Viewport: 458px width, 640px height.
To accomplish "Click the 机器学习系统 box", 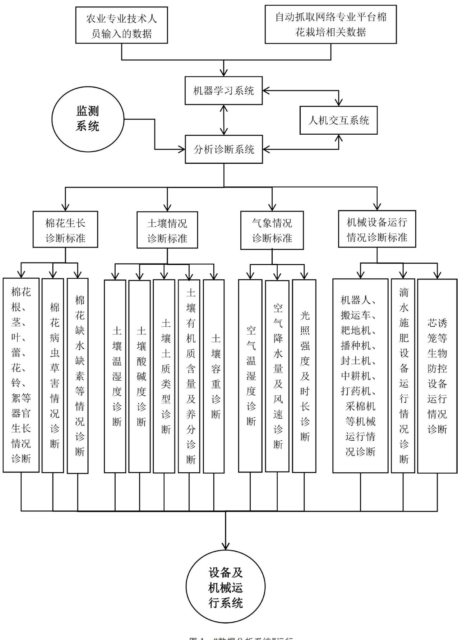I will [x=223, y=91].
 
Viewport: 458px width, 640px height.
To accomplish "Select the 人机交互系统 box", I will [x=338, y=120].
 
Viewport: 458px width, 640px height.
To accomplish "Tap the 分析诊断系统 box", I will [x=223, y=149].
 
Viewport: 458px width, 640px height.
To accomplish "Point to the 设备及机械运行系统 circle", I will [x=225, y=588].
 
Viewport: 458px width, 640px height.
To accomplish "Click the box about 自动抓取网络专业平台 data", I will [x=330, y=24].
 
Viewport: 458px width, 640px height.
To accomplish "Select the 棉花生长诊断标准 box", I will [x=65, y=229].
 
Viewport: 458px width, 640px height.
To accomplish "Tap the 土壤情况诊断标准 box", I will [x=167, y=230].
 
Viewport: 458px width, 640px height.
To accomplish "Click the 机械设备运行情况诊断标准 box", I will [x=377, y=229].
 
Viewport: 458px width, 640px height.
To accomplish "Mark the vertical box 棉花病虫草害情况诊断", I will [x=53, y=375].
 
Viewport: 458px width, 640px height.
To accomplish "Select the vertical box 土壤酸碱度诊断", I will [x=139, y=376].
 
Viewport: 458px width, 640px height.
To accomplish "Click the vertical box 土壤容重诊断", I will [x=214, y=376].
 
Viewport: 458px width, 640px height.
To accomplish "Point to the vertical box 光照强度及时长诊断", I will [x=304, y=375].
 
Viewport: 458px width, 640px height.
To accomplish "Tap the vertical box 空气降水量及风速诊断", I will [x=277, y=375].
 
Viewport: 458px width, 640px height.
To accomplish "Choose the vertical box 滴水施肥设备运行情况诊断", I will [x=403, y=375].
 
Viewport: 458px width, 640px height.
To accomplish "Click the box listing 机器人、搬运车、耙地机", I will [x=360, y=375].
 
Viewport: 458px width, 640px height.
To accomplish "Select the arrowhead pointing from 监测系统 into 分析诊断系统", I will [x=181, y=149].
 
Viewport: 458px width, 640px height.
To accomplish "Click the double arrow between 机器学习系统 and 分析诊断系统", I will [x=224, y=120].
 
